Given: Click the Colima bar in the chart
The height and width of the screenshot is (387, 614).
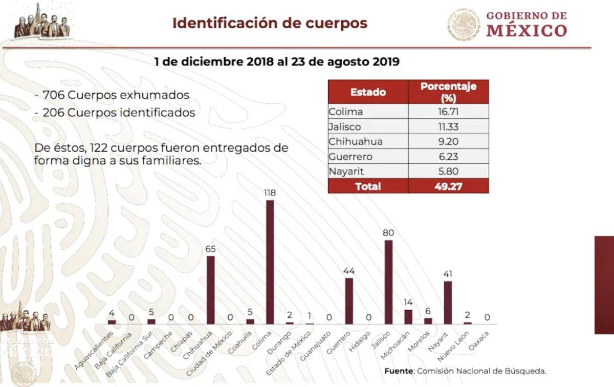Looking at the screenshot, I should [270, 262].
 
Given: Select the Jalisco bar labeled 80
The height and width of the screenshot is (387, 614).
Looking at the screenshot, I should [388, 282].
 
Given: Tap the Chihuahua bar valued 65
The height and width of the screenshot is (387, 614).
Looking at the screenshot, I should [210, 290].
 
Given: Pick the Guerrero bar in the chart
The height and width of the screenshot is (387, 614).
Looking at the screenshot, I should [349, 301].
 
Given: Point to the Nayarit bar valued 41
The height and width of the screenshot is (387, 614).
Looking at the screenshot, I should [448, 302].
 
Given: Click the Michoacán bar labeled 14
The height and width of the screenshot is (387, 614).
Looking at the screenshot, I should [408, 316].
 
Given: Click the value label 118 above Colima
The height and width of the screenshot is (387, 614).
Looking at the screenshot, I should [270, 192].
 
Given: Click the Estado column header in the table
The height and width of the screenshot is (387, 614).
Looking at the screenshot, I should [368, 92].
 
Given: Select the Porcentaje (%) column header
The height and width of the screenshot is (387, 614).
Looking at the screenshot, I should [448, 92].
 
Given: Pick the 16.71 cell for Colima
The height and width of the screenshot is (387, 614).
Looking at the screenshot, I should [448, 112].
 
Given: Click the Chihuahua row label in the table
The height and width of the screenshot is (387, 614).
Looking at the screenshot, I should [356, 142].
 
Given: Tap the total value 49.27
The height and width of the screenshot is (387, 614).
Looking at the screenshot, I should [448, 186].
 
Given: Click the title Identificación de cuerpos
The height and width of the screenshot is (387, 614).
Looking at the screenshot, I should [270, 23].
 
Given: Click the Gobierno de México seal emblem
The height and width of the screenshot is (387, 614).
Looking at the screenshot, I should [465, 24].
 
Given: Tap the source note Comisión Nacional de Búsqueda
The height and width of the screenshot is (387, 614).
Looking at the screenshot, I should [465, 370].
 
